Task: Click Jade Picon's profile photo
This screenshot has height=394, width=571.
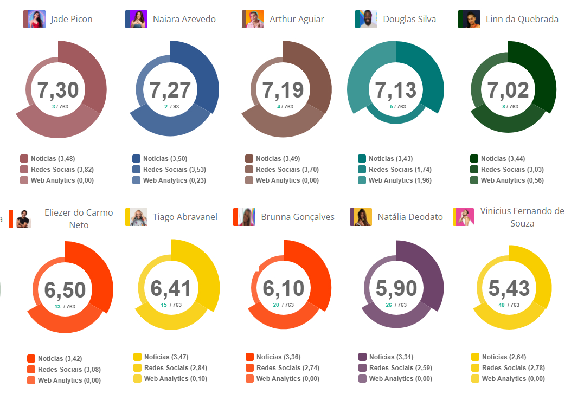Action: [34, 20]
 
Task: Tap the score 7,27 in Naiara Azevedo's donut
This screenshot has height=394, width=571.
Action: [170, 90]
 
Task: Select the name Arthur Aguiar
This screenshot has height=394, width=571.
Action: [297, 20]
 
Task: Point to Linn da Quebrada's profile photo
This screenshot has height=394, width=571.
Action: [469, 20]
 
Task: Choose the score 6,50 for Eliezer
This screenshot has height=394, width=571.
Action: [65, 290]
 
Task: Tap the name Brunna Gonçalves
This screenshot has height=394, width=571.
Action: [298, 217]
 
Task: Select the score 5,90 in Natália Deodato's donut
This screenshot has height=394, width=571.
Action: [396, 289]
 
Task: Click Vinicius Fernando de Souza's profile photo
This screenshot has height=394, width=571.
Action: [463, 217]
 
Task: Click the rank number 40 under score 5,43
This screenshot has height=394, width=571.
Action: [501, 305]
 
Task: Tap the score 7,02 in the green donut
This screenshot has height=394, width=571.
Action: [509, 90]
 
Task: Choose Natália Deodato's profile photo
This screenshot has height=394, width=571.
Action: [361, 217]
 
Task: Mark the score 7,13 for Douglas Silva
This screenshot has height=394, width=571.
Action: [396, 90]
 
